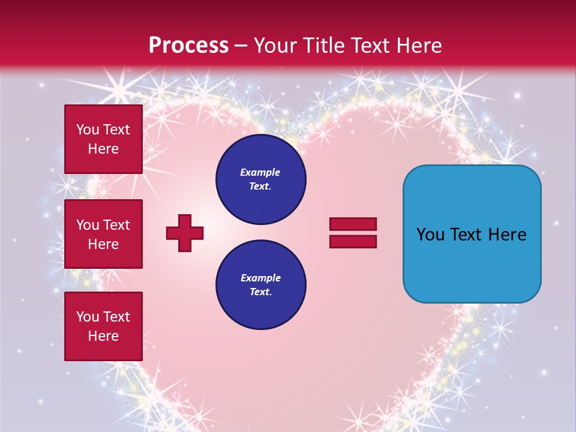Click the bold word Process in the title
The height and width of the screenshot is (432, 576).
tap(188, 46)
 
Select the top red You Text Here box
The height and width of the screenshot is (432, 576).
tap(103, 139)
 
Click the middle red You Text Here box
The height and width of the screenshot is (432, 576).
tap(103, 234)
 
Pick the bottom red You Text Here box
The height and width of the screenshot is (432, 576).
tap(103, 326)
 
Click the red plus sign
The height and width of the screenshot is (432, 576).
tap(185, 233)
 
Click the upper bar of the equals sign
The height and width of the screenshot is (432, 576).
tap(353, 224)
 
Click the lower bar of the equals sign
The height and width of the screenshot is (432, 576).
tap(353, 242)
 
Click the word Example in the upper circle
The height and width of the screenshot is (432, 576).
tap(260, 172)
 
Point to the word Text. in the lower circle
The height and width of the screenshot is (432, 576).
tap(260, 292)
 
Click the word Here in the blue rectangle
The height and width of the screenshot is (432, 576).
tap(507, 235)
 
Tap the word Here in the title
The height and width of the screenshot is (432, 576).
tap(421, 46)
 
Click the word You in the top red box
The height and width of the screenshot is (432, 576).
tap(88, 130)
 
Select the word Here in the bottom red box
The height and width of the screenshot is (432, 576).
tap(103, 336)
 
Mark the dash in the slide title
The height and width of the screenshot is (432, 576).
tap(241, 46)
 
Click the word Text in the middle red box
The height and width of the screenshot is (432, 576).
tap(116, 225)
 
